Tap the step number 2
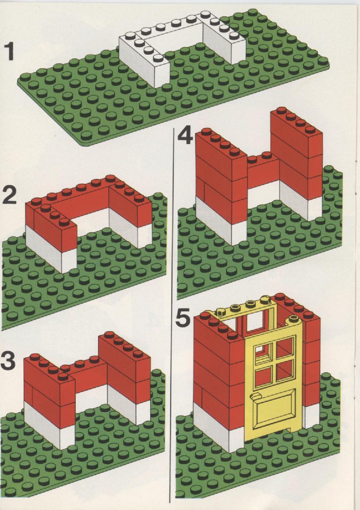coord(9,195)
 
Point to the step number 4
coord(185,135)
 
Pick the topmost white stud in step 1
coord(205,13)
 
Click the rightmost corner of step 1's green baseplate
coord(329,66)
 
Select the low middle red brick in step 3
coord(91,376)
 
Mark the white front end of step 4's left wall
coord(239,233)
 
